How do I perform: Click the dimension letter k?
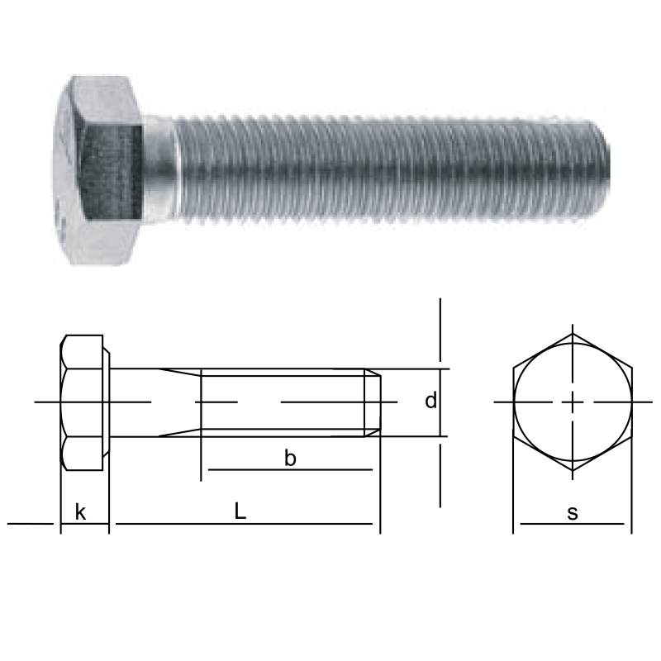(x=80, y=512)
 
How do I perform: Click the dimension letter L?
(x=240, y=511)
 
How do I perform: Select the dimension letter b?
(x=290, y=459)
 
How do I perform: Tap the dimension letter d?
(x=430, y=402)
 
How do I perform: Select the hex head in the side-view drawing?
(x=83, y=402)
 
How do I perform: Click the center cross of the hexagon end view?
(x=573, y=402)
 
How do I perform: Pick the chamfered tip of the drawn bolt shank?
(x=373, y=402)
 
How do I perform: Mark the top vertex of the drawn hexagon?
(x=573, y=334)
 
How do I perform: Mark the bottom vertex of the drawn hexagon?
(x=573, y=471)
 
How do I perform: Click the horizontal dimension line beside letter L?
(x=314, y=523)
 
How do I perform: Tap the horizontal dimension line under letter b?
(x=290, y=470)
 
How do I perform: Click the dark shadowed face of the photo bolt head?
(x=112, y=169)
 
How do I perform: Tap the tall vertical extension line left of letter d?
(x=440, y=330)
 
